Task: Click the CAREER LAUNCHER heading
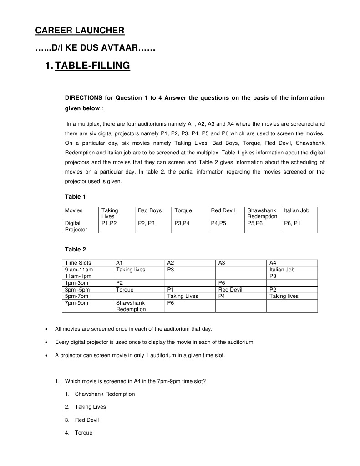(x=80, y=31)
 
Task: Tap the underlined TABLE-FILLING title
(x=92, y=66)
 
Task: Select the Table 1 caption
(x=76, y=197)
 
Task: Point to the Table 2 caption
(x=76, y=250)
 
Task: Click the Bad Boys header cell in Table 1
(x=150, y=210)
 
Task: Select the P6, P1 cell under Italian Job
(x=292, y=223)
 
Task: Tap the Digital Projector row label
(x=76, y=226)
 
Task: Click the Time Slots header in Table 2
(x=78, y=263)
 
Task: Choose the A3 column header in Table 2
(x=222, y=263)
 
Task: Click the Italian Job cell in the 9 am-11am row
(x=282, y=270)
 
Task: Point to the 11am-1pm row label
(x=79, y=276)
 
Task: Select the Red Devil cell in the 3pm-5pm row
(x=230, y=289)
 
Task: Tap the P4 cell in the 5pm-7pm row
(x=222, y=296)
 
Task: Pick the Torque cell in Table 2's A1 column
(x=125, y=289)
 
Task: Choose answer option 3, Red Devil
(x=86, y=420)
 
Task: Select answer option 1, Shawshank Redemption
(x=105, y=394)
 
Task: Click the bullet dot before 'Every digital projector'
(x=47, y=342)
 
